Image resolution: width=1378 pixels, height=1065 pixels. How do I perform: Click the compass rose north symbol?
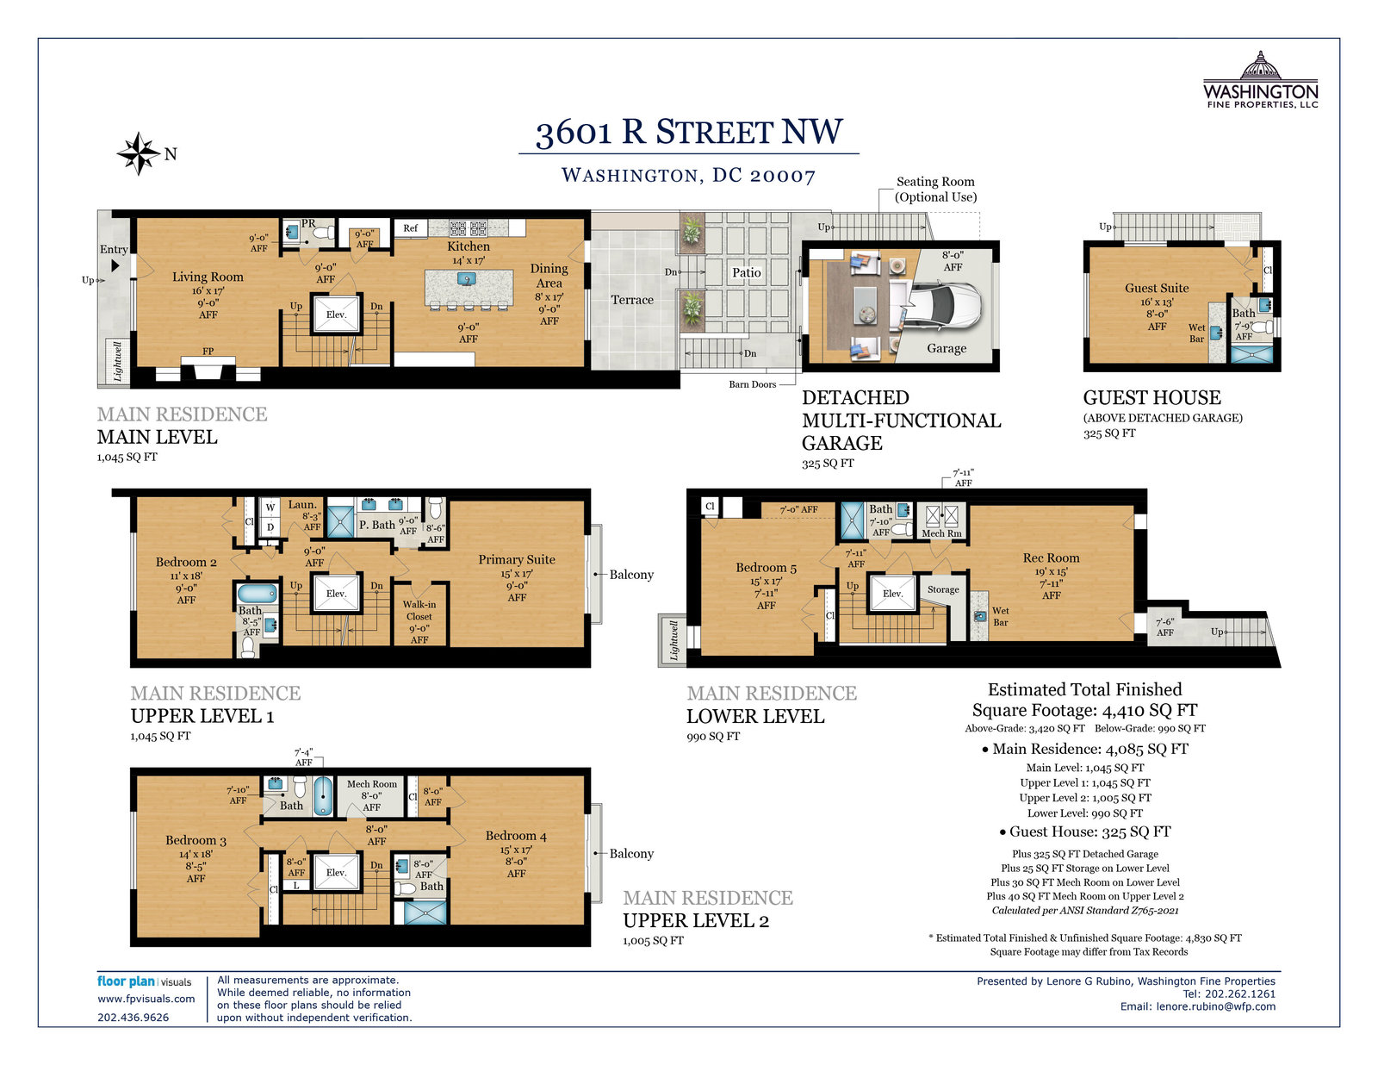139,153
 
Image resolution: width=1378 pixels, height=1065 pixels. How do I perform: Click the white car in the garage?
945,308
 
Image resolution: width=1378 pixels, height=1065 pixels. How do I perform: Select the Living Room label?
208,277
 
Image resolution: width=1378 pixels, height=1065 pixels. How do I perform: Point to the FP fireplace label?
208,351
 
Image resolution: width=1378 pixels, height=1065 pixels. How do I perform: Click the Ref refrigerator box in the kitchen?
410,227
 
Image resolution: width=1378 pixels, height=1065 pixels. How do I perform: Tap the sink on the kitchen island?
466,278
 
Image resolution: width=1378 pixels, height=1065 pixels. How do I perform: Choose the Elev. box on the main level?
336,314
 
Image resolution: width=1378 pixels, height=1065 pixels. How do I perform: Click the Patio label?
747,273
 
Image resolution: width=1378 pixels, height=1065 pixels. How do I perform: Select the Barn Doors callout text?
752,383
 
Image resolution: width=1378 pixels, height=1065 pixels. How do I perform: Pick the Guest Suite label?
1157,288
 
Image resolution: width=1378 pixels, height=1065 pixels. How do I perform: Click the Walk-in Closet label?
419,610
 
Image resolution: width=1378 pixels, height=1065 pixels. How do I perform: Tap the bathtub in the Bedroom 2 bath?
257,593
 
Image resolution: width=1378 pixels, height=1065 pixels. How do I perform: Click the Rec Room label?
1051,557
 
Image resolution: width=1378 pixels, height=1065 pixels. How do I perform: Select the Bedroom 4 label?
516,836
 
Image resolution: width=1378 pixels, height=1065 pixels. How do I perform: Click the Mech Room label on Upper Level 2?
371,784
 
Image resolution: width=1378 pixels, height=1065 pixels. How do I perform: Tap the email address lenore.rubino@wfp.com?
1216,1006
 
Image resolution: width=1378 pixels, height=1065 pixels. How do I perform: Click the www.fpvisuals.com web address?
146,999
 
